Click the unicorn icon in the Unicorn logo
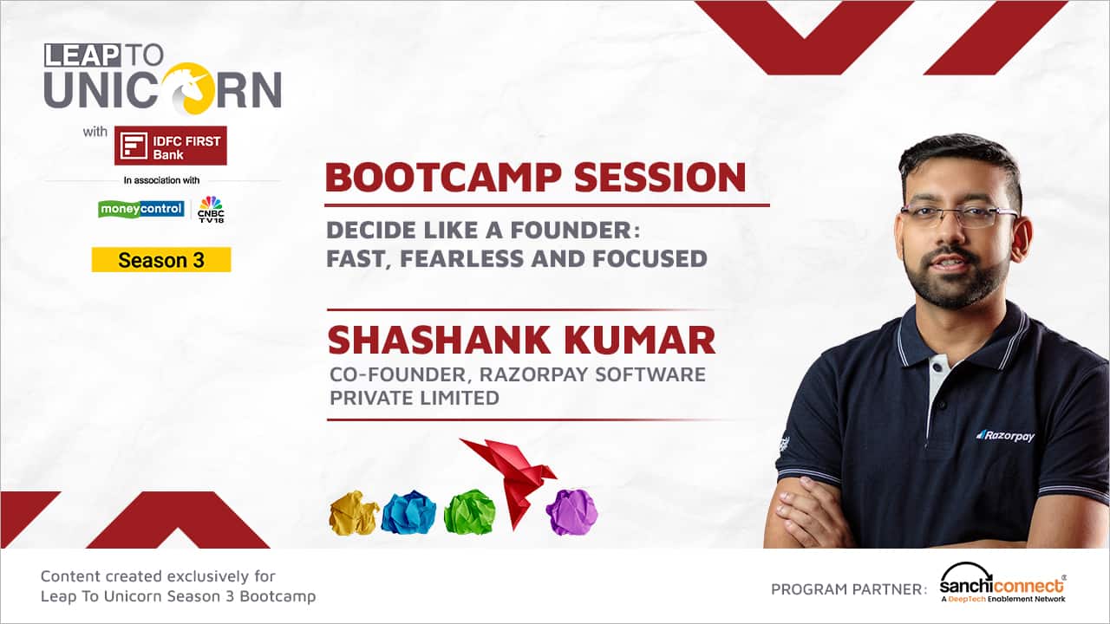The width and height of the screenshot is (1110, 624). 186,88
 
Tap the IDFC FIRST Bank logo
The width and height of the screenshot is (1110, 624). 171,146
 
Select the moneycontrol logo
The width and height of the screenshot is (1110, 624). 141,209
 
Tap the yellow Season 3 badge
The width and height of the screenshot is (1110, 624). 161,260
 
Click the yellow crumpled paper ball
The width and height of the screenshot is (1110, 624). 354,513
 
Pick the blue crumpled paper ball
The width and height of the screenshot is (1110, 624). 408,512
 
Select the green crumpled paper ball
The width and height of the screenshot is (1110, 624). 469,512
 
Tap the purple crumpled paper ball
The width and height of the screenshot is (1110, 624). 571,511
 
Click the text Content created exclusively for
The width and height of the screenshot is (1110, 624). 158,575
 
